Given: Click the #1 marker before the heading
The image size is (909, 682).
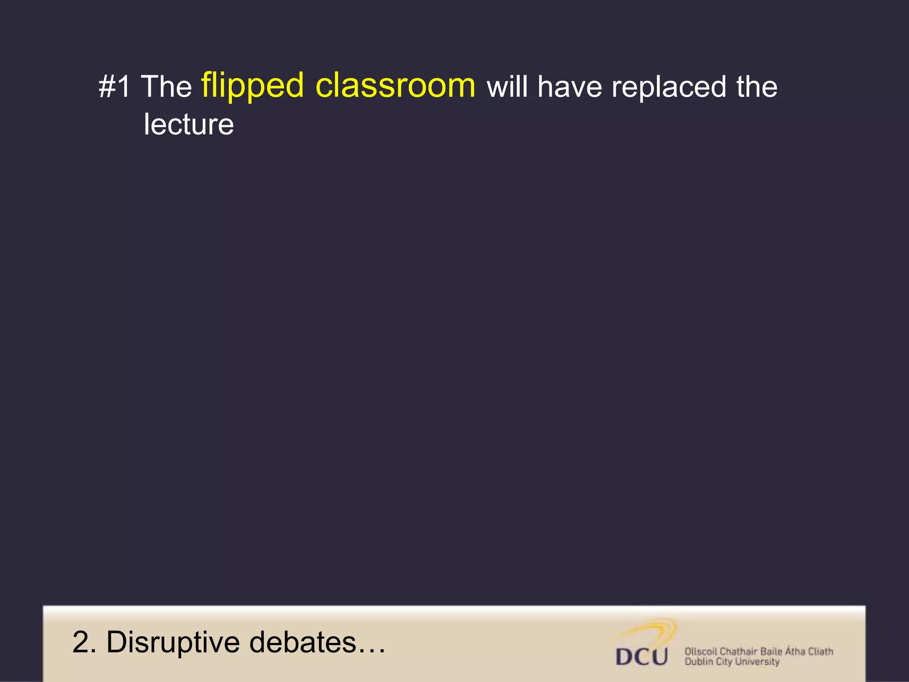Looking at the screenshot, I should (115, 87).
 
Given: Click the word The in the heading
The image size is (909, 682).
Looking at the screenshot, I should (166, 87).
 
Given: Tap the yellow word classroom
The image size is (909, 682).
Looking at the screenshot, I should (395, 85).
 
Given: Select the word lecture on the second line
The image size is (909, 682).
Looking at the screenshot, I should (189, 124).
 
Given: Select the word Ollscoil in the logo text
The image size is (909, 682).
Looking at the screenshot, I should (700, 651).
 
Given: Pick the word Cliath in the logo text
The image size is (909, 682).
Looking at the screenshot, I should (820, 651).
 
